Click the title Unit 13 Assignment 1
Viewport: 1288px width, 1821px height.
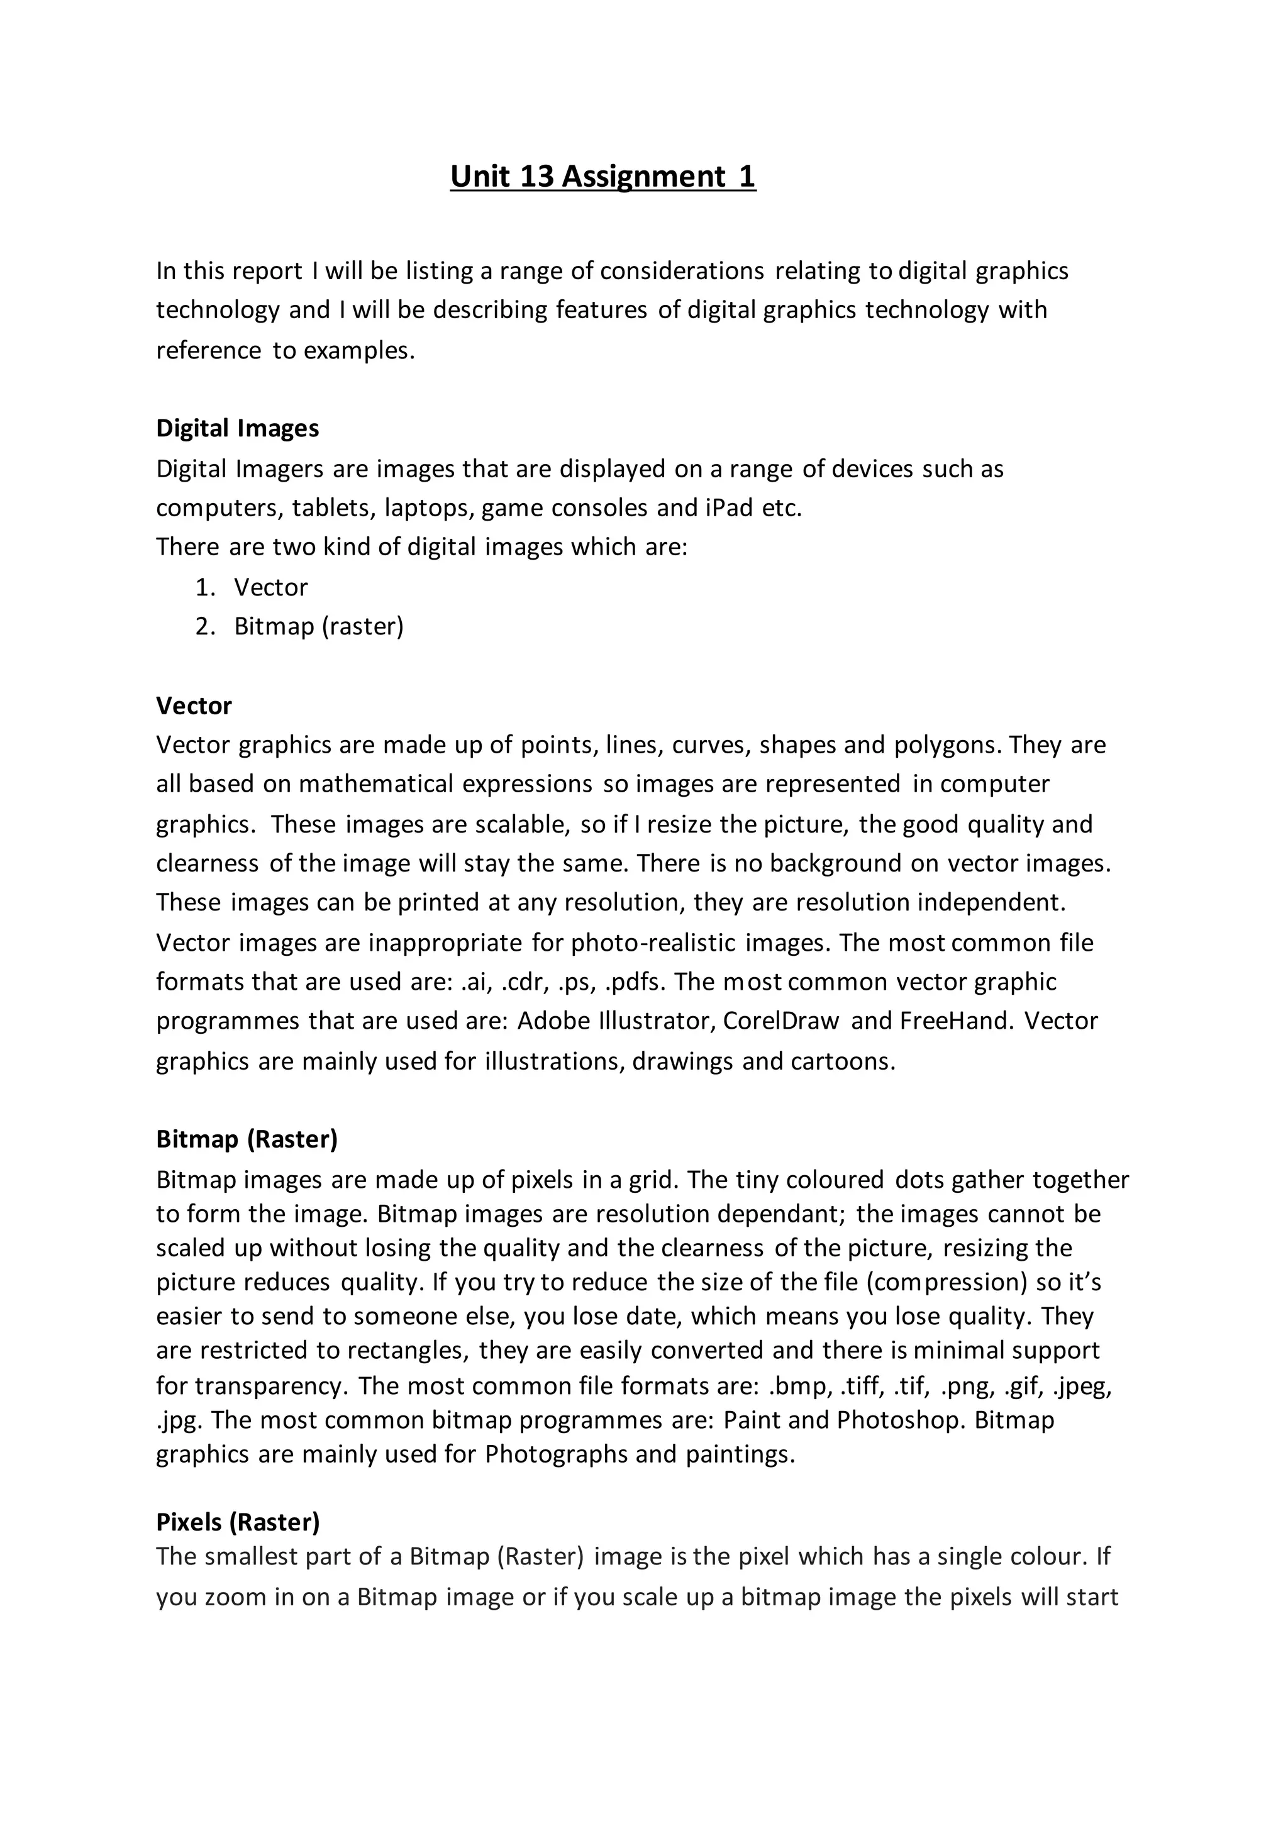(602, 176)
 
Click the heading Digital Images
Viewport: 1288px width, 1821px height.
(237, 428)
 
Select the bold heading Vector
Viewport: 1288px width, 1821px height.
(194, 705)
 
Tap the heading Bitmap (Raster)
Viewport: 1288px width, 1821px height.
(247, 1139)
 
